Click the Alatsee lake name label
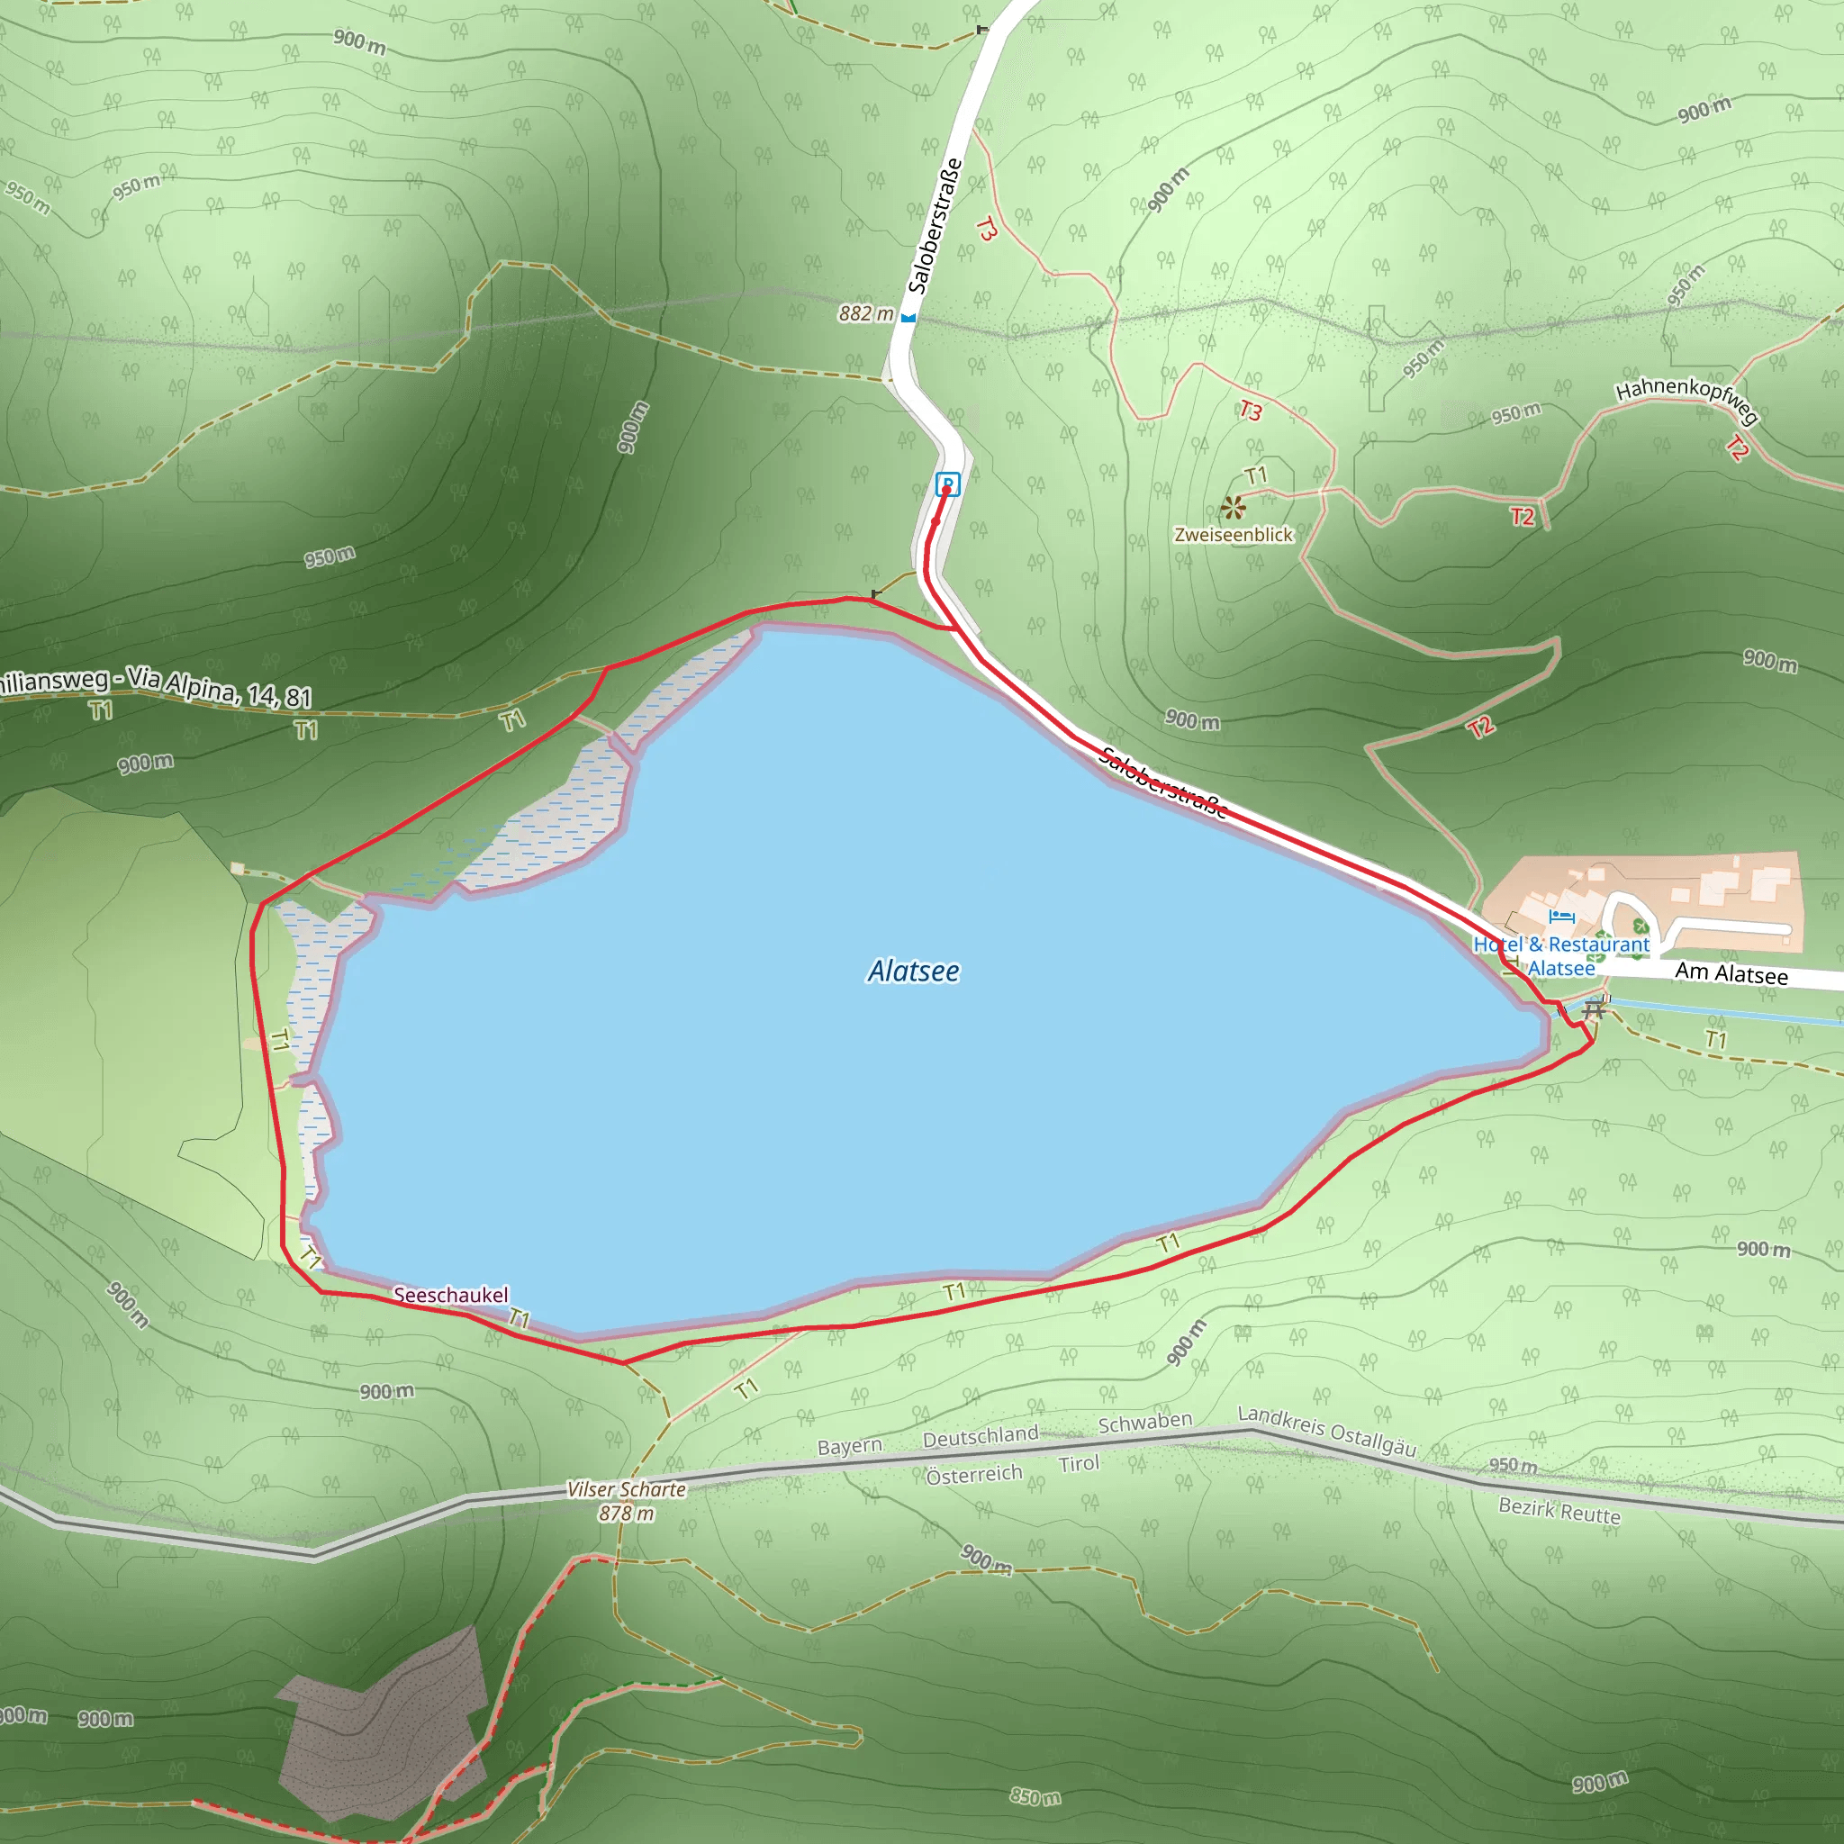point(913,971)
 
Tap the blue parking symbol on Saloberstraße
point(947,483)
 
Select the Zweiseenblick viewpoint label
point(1234,535)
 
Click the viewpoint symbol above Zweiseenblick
point(1234,507)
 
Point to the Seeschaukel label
point(450,1295)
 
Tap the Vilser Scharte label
point(626,1489)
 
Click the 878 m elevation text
point(626,1513)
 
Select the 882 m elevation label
point(865,314)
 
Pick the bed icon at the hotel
point(1561,917)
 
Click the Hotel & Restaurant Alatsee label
point(1561,955)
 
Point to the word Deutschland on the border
point(981,1435)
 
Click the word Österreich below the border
point(973,1475)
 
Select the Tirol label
point(1079,1463)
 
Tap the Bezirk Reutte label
point(1559,1510)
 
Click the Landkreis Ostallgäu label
point(1326,1431)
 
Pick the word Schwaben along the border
point(1144,1422)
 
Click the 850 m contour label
point(1035,1797)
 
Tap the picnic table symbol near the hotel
point(1593,1008)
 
